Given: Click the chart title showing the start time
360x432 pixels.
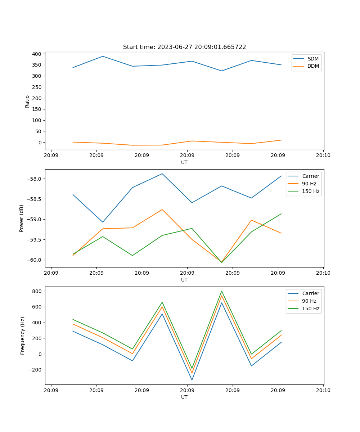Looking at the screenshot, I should pyautogui.click(x=184, y=47).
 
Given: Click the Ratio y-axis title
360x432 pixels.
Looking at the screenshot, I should pyautogui.click(x=27, y=102).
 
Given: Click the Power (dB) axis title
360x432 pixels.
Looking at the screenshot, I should pyautogui.click(x=22, y=218).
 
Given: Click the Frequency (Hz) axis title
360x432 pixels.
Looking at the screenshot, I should pyautogui.click(x=22, y=336).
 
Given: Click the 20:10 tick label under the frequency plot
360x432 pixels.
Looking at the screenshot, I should pyautogui.click(x=323, y=390).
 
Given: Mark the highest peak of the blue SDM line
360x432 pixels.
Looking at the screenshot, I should pyautogui.click(x=103, y=56).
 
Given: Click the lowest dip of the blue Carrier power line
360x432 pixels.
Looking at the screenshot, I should pyautogui.click(x=103, y=222).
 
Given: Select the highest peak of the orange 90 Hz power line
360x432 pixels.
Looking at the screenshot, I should pyautogui.click(x=162, y=210).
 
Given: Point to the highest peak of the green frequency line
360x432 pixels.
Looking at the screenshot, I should pyautogui.click(x=221, y=291).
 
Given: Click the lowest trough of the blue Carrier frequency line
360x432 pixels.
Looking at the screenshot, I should pyautogui.click(x=192, y=380).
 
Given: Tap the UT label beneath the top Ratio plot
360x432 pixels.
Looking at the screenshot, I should pyautogui.click(x=184, y=162).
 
